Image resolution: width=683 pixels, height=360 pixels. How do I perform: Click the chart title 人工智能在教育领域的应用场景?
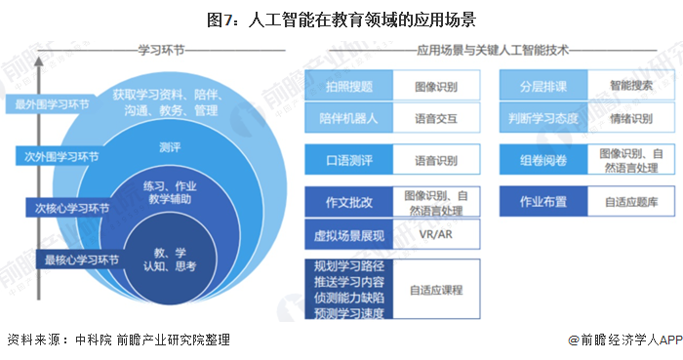click(341, 18)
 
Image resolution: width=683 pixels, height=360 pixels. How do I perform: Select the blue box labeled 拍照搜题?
click(348, 86)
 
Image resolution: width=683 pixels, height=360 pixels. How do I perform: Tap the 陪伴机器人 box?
click(348, 119)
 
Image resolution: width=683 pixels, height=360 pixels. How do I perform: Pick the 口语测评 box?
click(348, 159)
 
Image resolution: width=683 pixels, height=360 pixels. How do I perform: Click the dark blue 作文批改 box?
click(348, 202)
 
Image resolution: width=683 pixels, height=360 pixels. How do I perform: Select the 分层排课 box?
click(544, 86)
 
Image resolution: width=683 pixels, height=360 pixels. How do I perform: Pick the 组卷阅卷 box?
click(544, 159)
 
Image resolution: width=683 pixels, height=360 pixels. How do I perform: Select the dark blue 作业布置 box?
click(544, 202)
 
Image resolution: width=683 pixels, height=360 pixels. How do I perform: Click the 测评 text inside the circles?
click(168, 146)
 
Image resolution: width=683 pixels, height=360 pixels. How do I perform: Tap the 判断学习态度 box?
click(544, 119)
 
